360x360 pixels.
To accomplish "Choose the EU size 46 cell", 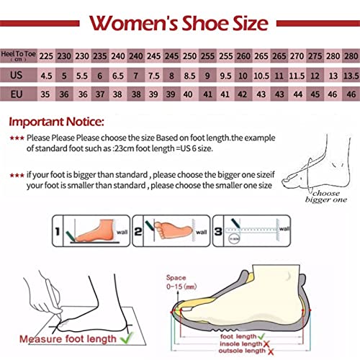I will [351, 94].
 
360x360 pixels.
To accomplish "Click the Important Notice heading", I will [56, 122].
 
